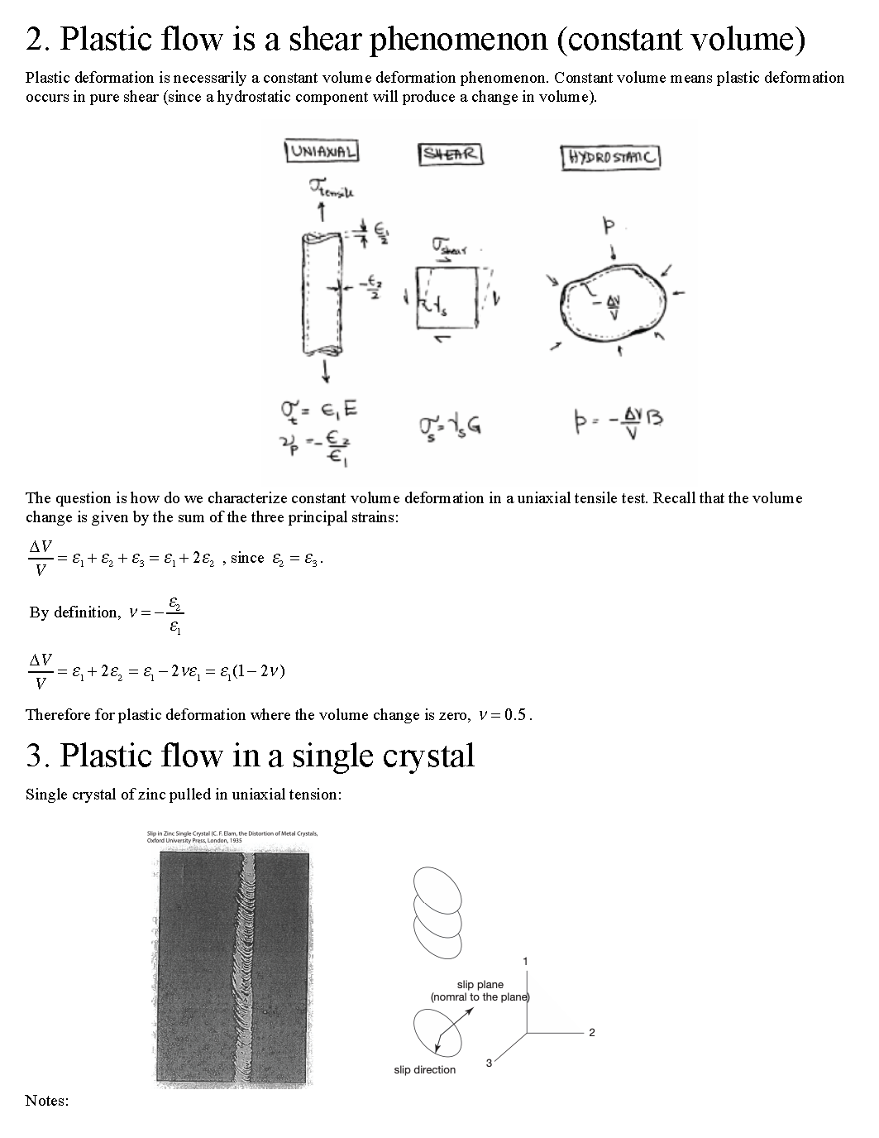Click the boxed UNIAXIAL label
(x=322, y=151)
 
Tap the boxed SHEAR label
(x=450, y=154)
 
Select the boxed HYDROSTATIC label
(x=611, y=157)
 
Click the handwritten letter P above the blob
(x=610, y=225)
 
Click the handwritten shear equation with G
(x=451, y=425)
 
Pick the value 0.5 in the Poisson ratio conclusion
(x=516, y=715)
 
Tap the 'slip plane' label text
(x=480, y=985)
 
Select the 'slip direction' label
(x=424, y=1070)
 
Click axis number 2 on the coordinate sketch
(x=592, y=1032)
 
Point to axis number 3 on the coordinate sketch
(x=489, y=1063)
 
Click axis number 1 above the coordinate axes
(x=525, y=961)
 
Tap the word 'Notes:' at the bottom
(x=47, y=1100)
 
